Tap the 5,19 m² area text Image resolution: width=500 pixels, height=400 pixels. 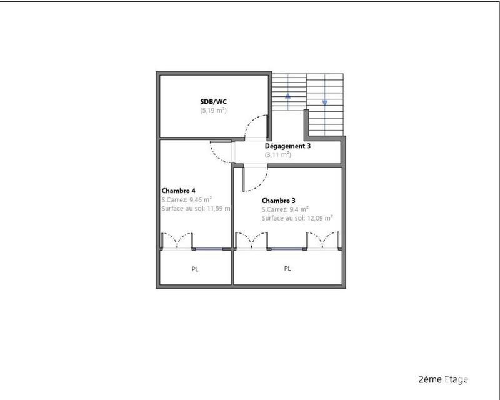212,110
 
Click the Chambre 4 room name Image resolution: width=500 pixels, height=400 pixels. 179,191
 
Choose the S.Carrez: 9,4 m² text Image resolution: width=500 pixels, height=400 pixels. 286,209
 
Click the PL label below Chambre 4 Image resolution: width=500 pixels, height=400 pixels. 195,269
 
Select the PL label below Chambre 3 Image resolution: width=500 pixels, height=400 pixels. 287,269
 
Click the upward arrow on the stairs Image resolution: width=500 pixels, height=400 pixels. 288,96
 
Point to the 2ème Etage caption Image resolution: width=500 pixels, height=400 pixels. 443,379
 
